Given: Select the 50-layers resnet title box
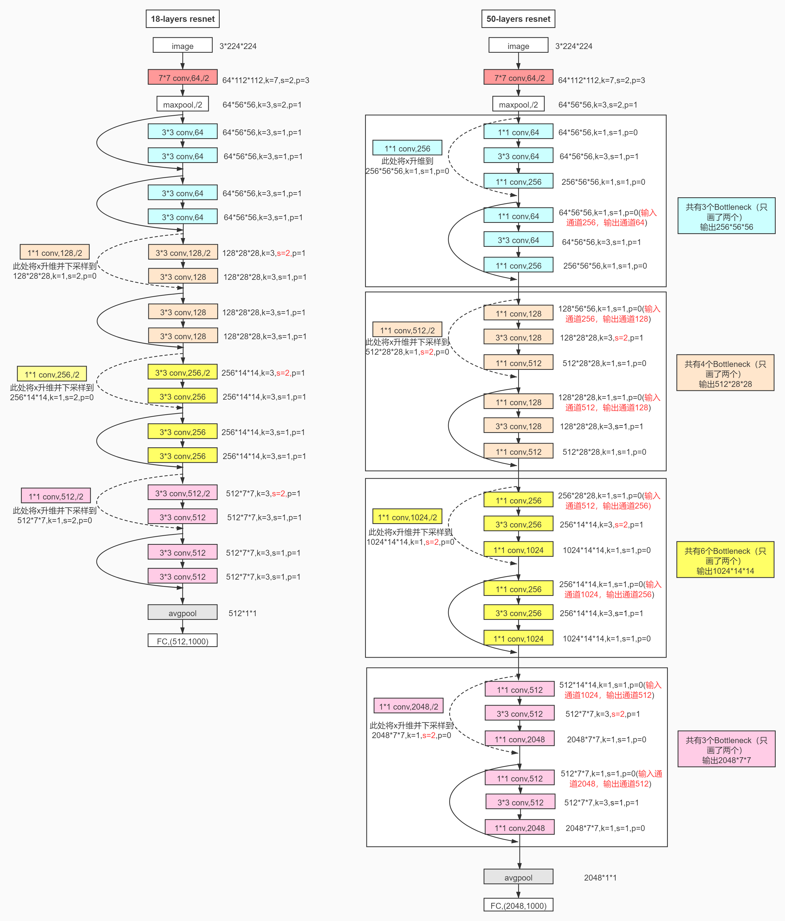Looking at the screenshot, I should [518, 19].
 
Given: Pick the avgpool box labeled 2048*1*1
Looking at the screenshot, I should [518, 877].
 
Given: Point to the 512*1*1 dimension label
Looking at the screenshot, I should [242, 613].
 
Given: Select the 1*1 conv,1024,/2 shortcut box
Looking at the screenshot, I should [407, 517].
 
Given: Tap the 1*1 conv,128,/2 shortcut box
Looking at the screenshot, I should [55, 252].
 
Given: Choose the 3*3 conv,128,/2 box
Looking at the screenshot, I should [183, 252].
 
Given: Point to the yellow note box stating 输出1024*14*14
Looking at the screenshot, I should [725, 560].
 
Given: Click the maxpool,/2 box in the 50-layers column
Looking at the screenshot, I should [518, 104].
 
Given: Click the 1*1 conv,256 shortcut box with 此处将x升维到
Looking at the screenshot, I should [407, 148].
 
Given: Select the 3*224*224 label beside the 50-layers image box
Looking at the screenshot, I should [573, 46].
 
